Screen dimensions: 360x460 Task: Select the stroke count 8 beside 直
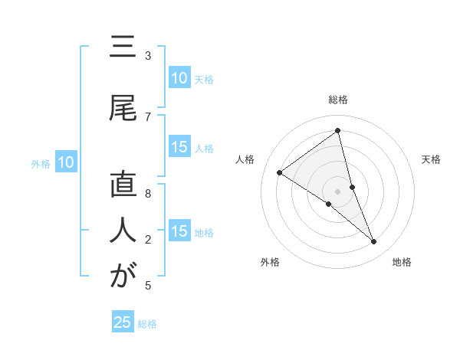tap(147, 194)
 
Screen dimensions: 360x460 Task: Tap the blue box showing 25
tap(123, 322)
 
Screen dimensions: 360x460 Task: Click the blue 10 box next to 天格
tap(179, 78)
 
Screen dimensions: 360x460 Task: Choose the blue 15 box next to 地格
tap(179, 231)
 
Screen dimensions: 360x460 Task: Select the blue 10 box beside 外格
tap(65, 162)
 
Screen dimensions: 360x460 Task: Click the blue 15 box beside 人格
tap(179, 148)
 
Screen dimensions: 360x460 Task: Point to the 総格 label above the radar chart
tap(337, 100)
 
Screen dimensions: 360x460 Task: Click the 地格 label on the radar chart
tap(402, 263)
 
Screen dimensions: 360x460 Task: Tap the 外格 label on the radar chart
tap(270, 263)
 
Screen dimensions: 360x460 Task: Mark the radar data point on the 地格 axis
tap(374, 242)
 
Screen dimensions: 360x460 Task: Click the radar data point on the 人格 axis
tap(280, 172)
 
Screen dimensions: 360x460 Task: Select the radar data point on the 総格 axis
tap(337, 131)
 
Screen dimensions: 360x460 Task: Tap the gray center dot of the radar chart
tap(337, 191)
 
